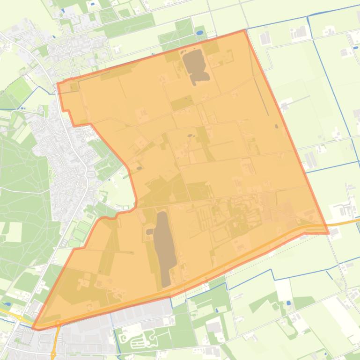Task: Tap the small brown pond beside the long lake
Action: (149, 231)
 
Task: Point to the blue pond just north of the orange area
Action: (199, 34)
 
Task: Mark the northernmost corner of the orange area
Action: (244, 30)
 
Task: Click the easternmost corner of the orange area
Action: (328, 232)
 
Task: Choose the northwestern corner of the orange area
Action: (58, 84)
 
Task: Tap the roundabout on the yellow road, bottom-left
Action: (20, 317)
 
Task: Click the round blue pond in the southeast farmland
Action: (287, 303)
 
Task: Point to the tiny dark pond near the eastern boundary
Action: (276, 126)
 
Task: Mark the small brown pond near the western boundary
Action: (139, 167)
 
